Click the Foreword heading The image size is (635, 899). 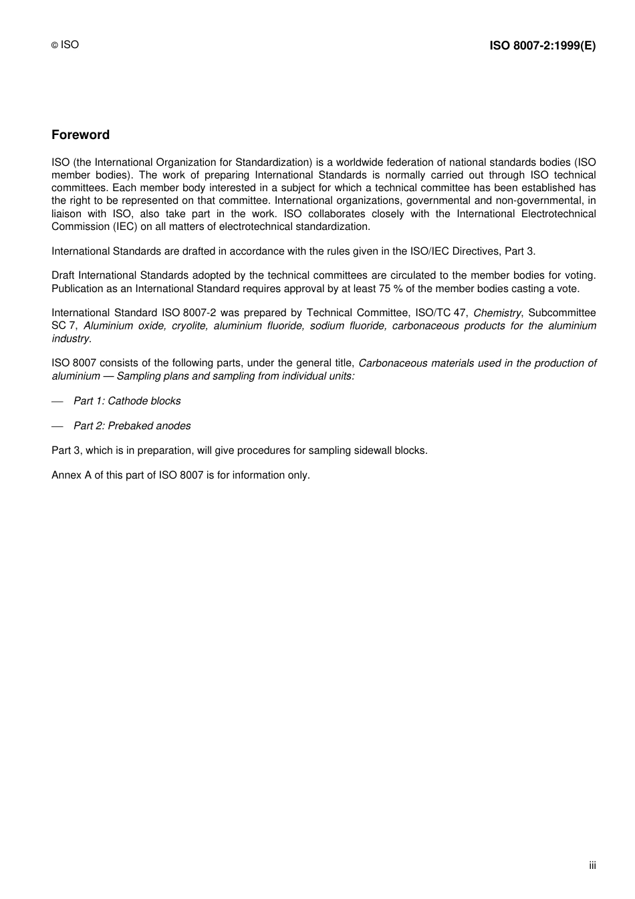pyautogui.click(x=80, y=135)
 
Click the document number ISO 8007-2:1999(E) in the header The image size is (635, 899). pyautogui.click(x=542, y=45)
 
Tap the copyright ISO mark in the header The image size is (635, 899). pyautogui.click(x=66, y=45)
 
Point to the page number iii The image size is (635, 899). pyautogui.click(x=592, y=866)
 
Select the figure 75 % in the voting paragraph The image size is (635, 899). pyautogui.click(x=370, y=289)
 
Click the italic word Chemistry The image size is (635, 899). pyautogui.click(x=497, y=313)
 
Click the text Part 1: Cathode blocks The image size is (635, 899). pyautogui.click(x=127, y=401)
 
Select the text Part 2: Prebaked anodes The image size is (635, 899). pyautogui.click(x=132, y=426)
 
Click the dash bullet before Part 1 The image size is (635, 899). pyautogui.click(x=57, y=401)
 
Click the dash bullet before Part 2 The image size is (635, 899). pyautogui.click(x=57, y=426)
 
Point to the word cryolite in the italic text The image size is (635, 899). pyautogui.click(x=189, y=326)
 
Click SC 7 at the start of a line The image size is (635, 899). pyautogui.click(x=63, y=326)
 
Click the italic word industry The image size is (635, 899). pyautogui.click(x=70, y=339)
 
